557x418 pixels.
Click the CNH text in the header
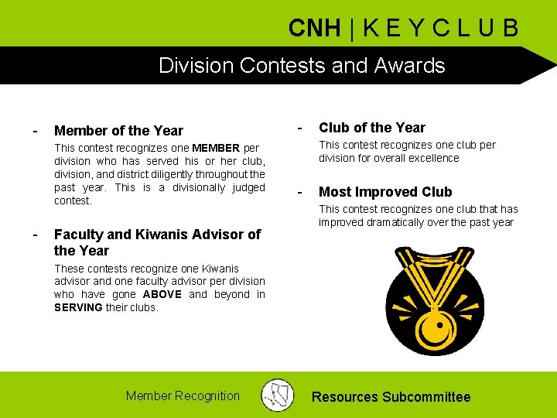pos(314,29)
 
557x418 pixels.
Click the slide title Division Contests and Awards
pos(302,65)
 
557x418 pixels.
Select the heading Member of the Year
pos(118,131)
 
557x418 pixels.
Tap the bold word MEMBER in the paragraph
pos(216,148)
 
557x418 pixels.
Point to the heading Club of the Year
pos(372,128)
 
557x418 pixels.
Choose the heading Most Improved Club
pos(385,192)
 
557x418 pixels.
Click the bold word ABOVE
pos(162,294)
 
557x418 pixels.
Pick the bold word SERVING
pos(78,307)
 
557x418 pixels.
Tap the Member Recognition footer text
pos(183,396)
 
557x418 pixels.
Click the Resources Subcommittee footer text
pos(391,397)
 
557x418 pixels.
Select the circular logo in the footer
pos(277,395)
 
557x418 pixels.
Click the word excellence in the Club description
pos(434,158)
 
